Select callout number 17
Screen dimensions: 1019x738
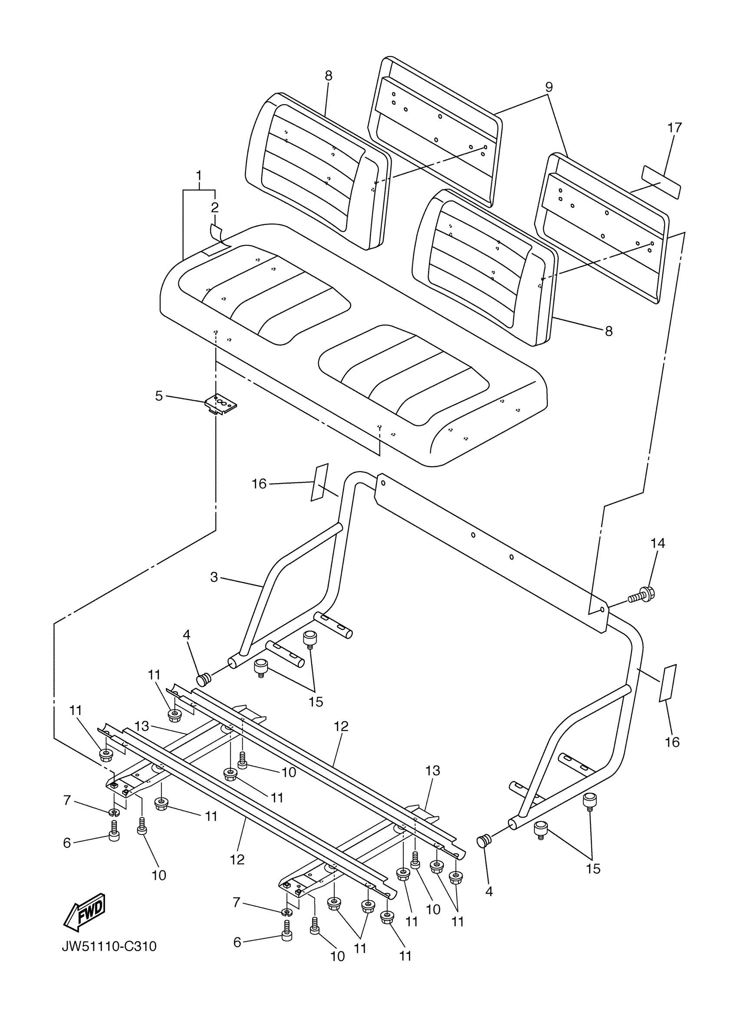(674, 128)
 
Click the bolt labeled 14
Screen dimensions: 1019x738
(642, 595)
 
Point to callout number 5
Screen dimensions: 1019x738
(159, 396)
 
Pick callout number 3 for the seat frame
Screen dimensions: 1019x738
(214, 577)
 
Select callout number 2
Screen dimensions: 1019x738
(215, 208)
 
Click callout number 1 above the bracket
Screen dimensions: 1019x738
(199, 175)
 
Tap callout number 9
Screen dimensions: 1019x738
(548, 87)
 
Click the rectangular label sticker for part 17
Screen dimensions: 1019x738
(661, 181)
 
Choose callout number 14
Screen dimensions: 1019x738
(658, 543)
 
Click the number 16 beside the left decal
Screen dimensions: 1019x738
(259, 484)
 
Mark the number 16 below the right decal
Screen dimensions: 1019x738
(672, 742)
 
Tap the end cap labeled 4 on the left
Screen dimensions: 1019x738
(204, 680)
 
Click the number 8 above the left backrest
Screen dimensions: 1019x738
(328, 76)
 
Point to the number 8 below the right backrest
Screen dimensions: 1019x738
(609, 331)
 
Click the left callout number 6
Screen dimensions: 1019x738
(67, 843)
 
